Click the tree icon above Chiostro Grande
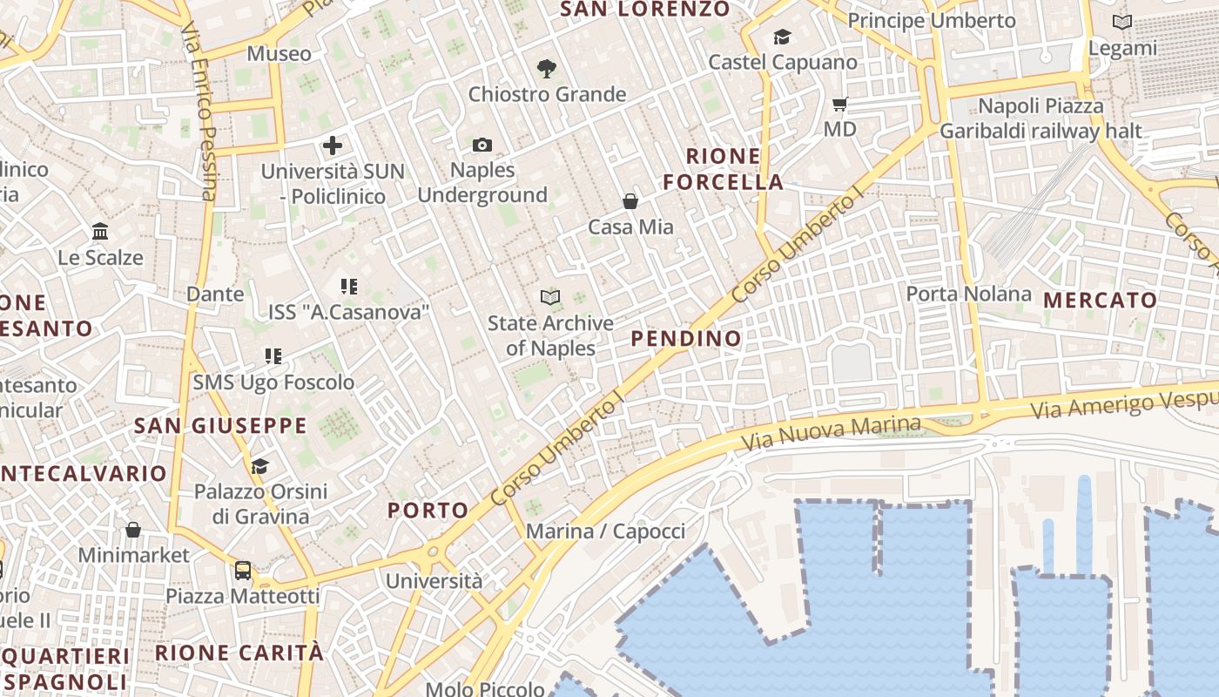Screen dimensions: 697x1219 pos(547,68)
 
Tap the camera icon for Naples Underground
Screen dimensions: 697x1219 pos(482,145)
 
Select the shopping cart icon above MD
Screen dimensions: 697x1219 pos(839,105)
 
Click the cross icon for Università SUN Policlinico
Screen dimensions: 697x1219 pos(333,145)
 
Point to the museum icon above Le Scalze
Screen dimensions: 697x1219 pos(100,232)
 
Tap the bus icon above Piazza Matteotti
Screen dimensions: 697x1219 pos(243,571)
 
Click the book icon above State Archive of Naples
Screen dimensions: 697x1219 pos(549,298)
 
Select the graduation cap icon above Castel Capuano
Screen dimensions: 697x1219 pos(782,37)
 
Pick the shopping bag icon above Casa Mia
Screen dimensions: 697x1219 pos(630,201)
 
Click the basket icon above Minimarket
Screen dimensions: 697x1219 pos(133,530)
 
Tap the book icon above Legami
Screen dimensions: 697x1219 pos(1122,23)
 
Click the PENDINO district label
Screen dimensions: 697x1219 pos(686,339)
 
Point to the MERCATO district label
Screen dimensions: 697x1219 pos(1101,301)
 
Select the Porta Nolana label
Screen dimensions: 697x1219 pos(968,294)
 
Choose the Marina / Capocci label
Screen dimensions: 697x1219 pos(606,531)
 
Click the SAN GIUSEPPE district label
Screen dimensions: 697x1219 pos(220,426)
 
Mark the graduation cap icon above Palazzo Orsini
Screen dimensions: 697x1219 pos(259,466)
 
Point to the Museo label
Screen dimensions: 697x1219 pos(279,54)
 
